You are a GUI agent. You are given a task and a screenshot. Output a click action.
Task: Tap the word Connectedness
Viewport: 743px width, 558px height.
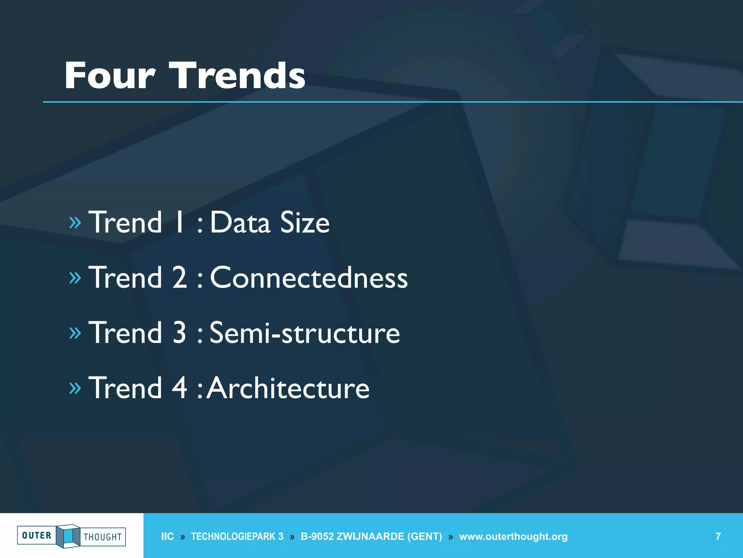pyautogui.click(x=309, y=278)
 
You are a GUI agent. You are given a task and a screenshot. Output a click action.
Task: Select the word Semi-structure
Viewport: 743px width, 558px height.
pyautogui.click(x=305, y=333)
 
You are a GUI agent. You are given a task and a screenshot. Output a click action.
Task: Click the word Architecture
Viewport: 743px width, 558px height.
pyautogui.click(x=288, y=388)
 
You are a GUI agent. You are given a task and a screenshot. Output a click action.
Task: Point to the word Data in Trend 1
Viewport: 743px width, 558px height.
pyautogui.click(x=240, y=223)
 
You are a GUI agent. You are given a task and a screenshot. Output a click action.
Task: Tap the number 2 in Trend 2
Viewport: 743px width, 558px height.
pyautogui.click(x=179, y=278)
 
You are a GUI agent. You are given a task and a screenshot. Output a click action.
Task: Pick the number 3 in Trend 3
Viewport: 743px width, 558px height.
pyautogui.click(x=179, y=333)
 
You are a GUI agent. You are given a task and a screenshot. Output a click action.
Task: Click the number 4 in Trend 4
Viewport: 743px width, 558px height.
pyautogui.click(x=179, y=388)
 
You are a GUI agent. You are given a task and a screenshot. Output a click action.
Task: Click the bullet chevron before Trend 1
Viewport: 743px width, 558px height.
pyautogui.click(x=75, y=222)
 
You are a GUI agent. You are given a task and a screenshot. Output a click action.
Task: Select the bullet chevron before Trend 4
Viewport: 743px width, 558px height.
pyautogui.click(x=75, y=388)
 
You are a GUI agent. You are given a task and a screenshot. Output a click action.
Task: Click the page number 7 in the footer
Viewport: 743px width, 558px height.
pyautogui.click(x=718, y=537)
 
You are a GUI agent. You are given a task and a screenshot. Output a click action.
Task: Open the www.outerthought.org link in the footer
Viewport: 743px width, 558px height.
pyautogui.click(x=513, y=537)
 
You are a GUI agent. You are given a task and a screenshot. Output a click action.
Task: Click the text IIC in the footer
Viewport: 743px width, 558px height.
pyautogui.click(x=167, y=537)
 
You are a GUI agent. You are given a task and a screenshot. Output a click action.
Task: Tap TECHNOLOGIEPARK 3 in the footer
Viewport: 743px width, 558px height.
pyautogui.click(x=237, y=537)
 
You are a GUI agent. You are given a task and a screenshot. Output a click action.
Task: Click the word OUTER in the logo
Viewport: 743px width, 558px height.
pyautogui.click(x=37, y=535)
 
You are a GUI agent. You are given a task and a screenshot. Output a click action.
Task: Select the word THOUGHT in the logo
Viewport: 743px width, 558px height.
pyautogui.click(x=103, y=537)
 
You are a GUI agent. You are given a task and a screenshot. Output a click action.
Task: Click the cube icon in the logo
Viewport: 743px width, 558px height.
pyautogui.click(x=68, y=536)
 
